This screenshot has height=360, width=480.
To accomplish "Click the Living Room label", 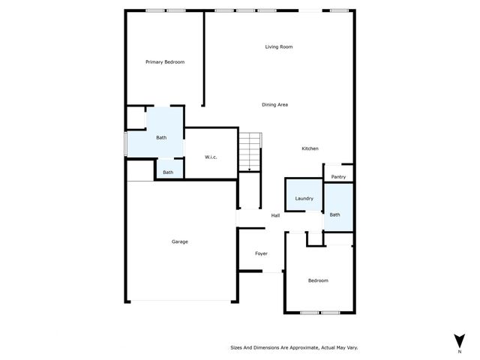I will click(278, 47).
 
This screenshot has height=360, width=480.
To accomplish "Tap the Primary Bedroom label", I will click(165, 62).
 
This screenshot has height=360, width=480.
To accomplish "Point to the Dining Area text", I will click(274, 105).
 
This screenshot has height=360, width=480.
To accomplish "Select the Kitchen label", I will click(310, 148).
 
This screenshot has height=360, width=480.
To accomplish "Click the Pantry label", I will click(338, 177).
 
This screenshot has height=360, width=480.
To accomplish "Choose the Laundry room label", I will click(304, 199).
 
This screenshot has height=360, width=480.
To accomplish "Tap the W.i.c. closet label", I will click(211, 157).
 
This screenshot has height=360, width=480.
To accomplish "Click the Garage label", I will click(180, 241).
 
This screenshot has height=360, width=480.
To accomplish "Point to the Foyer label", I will click(261, 253).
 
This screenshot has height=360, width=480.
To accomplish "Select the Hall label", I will click(275, 216).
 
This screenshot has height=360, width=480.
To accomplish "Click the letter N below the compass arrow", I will click(459, 350).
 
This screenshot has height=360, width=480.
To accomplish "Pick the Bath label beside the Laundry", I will click(334, 215).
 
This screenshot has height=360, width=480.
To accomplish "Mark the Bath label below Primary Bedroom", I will click(161, 138).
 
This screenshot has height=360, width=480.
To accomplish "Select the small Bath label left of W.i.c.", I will click(168, 172).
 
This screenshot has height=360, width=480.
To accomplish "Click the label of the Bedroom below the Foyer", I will click(318, 280).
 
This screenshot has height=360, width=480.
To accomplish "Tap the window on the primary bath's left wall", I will click(125, 144).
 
